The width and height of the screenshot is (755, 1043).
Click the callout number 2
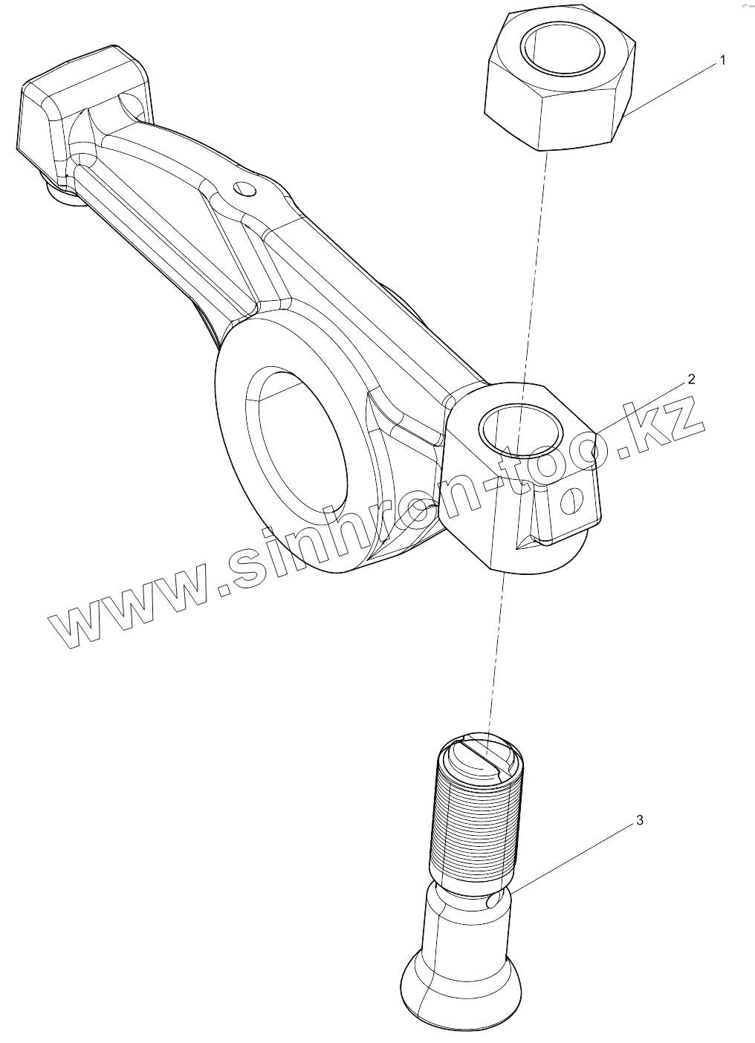[x=691, y=380]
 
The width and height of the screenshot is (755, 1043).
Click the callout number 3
[x=640, y=820]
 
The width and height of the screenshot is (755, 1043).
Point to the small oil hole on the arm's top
[x=244, y=189]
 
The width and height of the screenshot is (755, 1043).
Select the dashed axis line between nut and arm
[x=537, y=260]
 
